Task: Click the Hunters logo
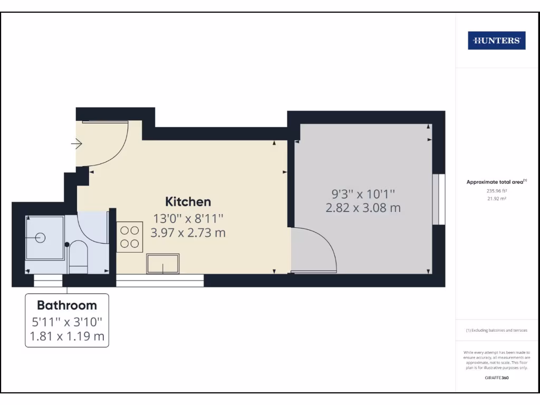(x=496, y=41)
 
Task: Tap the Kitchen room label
(x=188, y=201)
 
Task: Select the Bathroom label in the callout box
(x=67, y=305)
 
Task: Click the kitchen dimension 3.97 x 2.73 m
(x=188, y=232)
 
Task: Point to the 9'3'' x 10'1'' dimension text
(x=363, y=194)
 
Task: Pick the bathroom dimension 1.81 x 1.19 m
(x=67, y=336)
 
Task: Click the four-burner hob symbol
(x=130, y=237)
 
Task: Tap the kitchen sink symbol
(x=162, y=264)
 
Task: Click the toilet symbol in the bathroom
(x=79, y=257)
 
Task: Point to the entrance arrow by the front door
(x=78, y=143)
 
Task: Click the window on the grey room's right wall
(x=435, y=199)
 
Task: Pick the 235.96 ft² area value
(x=496, y=191)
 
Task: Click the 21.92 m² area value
(x=496, y=199)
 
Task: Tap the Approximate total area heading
(x=496, y=182)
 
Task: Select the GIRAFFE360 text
(x=496, y=378)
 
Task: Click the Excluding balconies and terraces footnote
(x=496, y=330)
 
